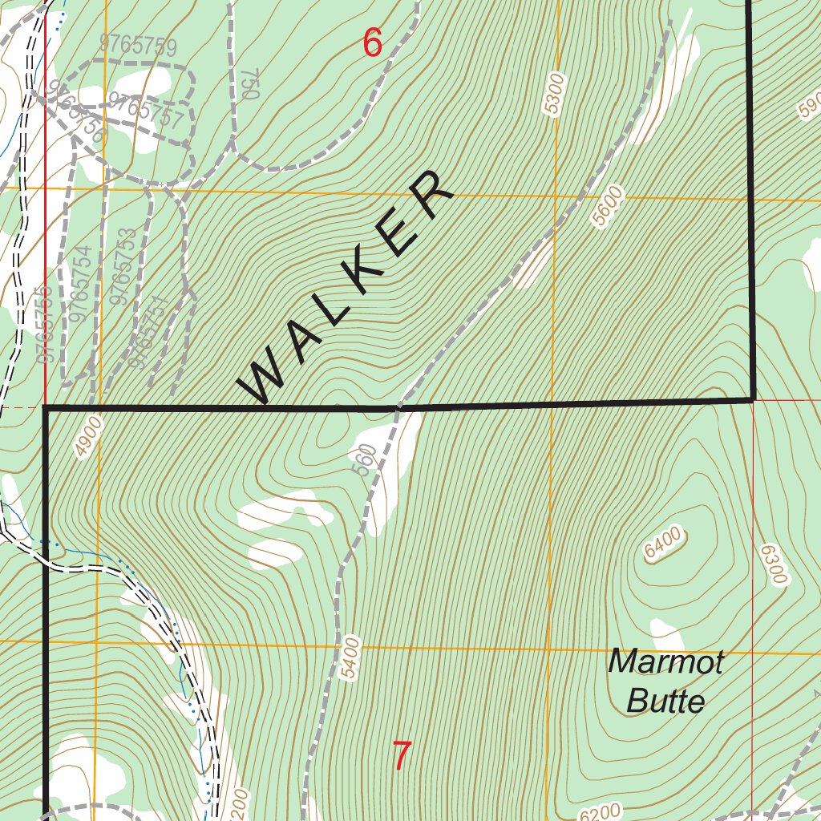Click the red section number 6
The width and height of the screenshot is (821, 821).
point(373,43)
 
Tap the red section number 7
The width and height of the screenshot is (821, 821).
point(402,756)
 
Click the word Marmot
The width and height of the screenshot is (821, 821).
point(665,663)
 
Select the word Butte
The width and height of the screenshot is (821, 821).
point(665,702)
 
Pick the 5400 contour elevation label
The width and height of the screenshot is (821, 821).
point(350,659)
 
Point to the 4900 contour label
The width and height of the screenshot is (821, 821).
point(89,436)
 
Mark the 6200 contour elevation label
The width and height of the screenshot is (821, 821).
point(600,811)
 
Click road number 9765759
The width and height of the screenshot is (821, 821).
point(138,46)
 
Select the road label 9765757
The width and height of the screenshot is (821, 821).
point(146,111)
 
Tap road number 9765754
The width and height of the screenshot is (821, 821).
point(80,284)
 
